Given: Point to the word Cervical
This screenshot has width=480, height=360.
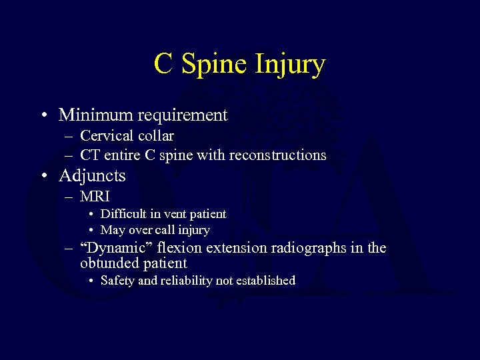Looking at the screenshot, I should [x=106, y=136].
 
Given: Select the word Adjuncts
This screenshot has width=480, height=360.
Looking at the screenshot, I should [x=92, y=176].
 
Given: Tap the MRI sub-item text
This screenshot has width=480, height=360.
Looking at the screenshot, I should [x=95, y=197].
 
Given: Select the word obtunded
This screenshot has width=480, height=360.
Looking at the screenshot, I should [x=107, y=263].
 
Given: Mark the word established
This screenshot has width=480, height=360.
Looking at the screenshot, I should [x=265, y=281].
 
